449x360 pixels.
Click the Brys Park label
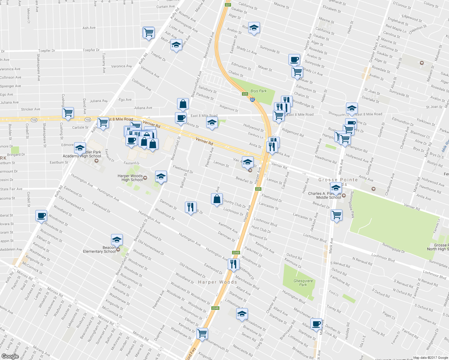pos(258,91)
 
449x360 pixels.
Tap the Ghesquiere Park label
pos(303,283)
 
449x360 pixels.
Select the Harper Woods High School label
pos(130,178)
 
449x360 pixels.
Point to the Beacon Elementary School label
pos(99,250)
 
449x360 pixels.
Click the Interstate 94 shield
pos(252,100)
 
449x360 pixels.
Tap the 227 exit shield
pos(228,4)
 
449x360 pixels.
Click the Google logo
pos(10,356)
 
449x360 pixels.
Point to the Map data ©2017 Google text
pos(430,358)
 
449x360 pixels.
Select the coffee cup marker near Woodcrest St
pos(41,215)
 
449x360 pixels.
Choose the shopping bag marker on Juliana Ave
pos(183,104)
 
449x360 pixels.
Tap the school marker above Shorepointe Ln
pos(351,108)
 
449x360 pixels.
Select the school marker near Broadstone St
pos(242,314)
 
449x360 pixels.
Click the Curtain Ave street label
pos(165,7)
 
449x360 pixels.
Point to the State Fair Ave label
pos(11,189)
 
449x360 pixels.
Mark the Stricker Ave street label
pos(30,109)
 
